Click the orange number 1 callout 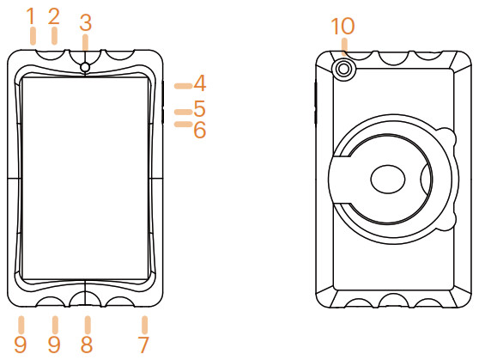coord(31,16)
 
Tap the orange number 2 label coord(53,16)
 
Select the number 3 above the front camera coord(86,23)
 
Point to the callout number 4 coord(200,83)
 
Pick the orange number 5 coord(200,108)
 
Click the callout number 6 coord(200,130)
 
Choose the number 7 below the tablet coord(143,345)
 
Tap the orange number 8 coord(87,345)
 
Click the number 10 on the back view coord(343,26)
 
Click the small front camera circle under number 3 coord(85,67)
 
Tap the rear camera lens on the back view coord(343,69)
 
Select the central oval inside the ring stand coord(388,179)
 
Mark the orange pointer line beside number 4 coord(183,86)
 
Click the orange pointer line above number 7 coord(144,325)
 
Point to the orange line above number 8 coord(88,325)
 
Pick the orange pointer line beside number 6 coord(183,124)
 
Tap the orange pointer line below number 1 coord(33,36)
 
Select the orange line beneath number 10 coord(344,46)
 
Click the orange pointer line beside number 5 coord(183,112)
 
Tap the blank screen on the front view coord(85,179)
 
